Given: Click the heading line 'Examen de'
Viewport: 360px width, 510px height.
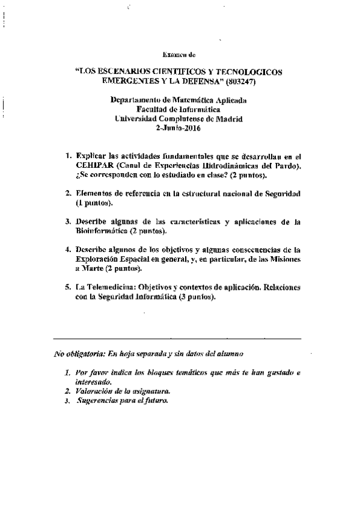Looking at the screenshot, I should coord(180,54).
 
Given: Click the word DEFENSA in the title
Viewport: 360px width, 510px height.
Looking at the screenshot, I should coord(192,81).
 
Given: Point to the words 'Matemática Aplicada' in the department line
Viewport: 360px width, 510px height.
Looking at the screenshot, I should coord(211,100).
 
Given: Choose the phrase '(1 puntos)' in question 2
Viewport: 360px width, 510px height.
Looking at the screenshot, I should coord(94,203).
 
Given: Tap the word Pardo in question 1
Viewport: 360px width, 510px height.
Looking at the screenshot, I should coord(287,164).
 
